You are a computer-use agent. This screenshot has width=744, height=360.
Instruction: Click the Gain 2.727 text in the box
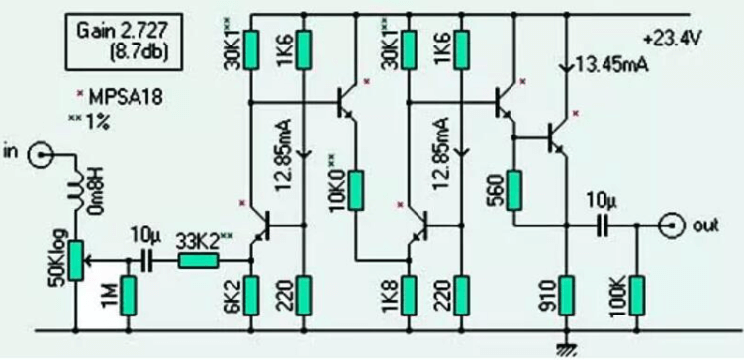point(123,29)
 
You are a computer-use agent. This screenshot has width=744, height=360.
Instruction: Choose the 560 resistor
point(512,188)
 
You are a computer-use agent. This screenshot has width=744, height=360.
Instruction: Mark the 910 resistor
point(566,295)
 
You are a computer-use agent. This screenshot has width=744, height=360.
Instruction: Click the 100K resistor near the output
point(638,295)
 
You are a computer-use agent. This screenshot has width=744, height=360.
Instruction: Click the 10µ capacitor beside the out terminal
point(603,225)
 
